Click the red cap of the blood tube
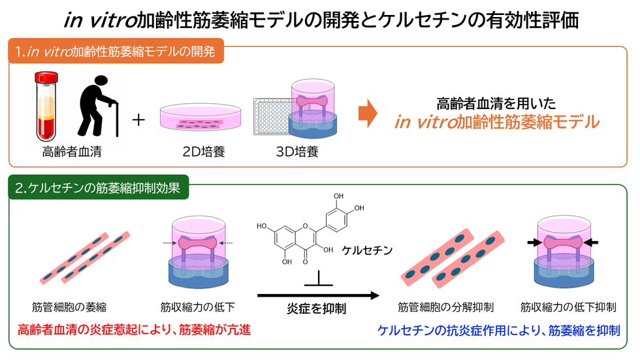coord(46,77)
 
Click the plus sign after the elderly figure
coord(138,120)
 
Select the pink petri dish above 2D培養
coord(200,117)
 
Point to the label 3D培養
coord(297,152)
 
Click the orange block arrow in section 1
coord(368,114)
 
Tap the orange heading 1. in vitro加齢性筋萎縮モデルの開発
coord(116,52)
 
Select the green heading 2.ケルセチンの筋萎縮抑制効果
coord(98,188)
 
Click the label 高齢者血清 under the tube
coord(72,152)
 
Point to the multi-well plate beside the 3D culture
coord(274,116)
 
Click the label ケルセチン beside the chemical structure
coord(367,250)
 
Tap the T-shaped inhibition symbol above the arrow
coord(319,279)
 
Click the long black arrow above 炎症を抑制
coord(319,295)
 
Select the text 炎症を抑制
coord(316,309)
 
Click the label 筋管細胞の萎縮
coord(69,307)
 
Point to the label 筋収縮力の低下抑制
coord(568,307)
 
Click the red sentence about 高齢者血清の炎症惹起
coord(134,329)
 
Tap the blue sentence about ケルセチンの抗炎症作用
coord(499,330)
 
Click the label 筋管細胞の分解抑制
coord(445,307)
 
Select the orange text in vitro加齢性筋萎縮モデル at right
coord(497,122)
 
